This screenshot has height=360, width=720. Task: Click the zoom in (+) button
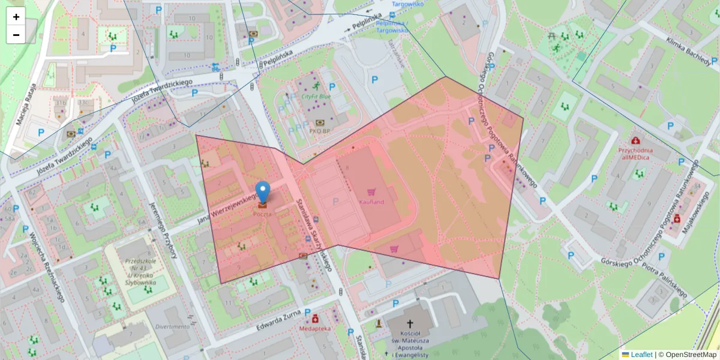[x=16, y=17]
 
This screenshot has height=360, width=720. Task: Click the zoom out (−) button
[x=16, y=35]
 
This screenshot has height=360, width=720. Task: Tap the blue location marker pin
[x=262, y=192]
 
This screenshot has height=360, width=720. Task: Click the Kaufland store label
[x=371, y=202]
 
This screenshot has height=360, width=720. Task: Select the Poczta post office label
[x=262, y=214]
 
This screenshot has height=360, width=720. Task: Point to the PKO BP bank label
[x=319, y=130]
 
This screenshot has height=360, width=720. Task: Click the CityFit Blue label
[x=316, y=96]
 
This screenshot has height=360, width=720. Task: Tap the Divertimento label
[x=172, y=327]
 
